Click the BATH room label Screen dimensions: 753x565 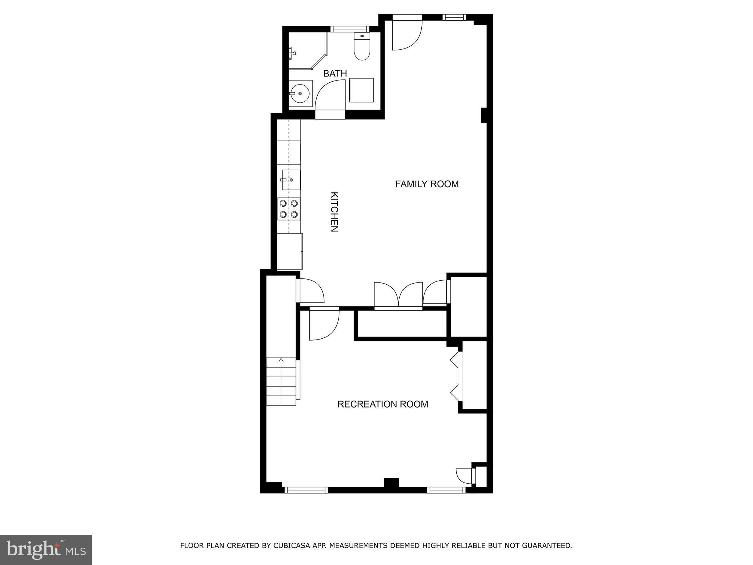click(335, 74)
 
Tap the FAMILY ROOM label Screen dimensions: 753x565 click(427, 184)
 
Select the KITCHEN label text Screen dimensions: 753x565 click(334, 212)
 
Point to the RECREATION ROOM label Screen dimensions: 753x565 click(383, 404)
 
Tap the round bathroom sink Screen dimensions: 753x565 click(300, 94)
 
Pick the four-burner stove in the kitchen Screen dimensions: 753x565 click(289, 209)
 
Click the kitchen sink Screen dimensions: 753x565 click(291, 180)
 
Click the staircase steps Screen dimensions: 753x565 click(281, 381)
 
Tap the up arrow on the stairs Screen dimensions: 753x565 click(281, 360)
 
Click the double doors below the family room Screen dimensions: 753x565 click(399, 294)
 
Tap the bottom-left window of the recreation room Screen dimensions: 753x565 click(306, 490)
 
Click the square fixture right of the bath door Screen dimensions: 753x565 click(361, 90)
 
